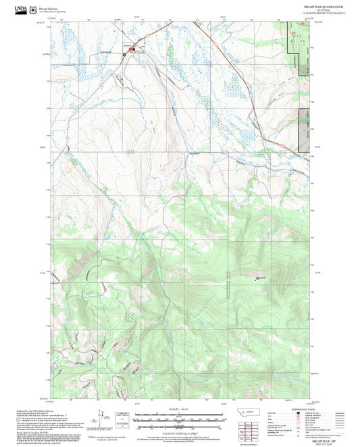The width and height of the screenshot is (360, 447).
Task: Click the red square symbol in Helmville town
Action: (132, 49)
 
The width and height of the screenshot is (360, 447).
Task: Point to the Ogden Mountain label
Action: (261, 275)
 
